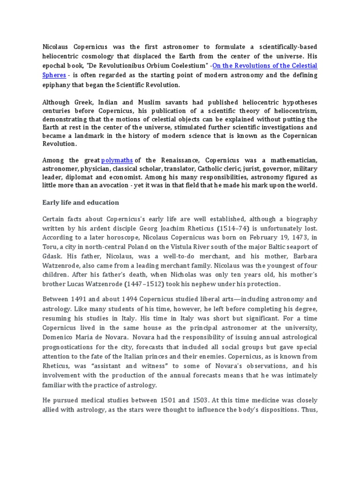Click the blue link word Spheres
[x=54, y=75]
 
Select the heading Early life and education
[x=81, y=202]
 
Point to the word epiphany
[x=57, y=85]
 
